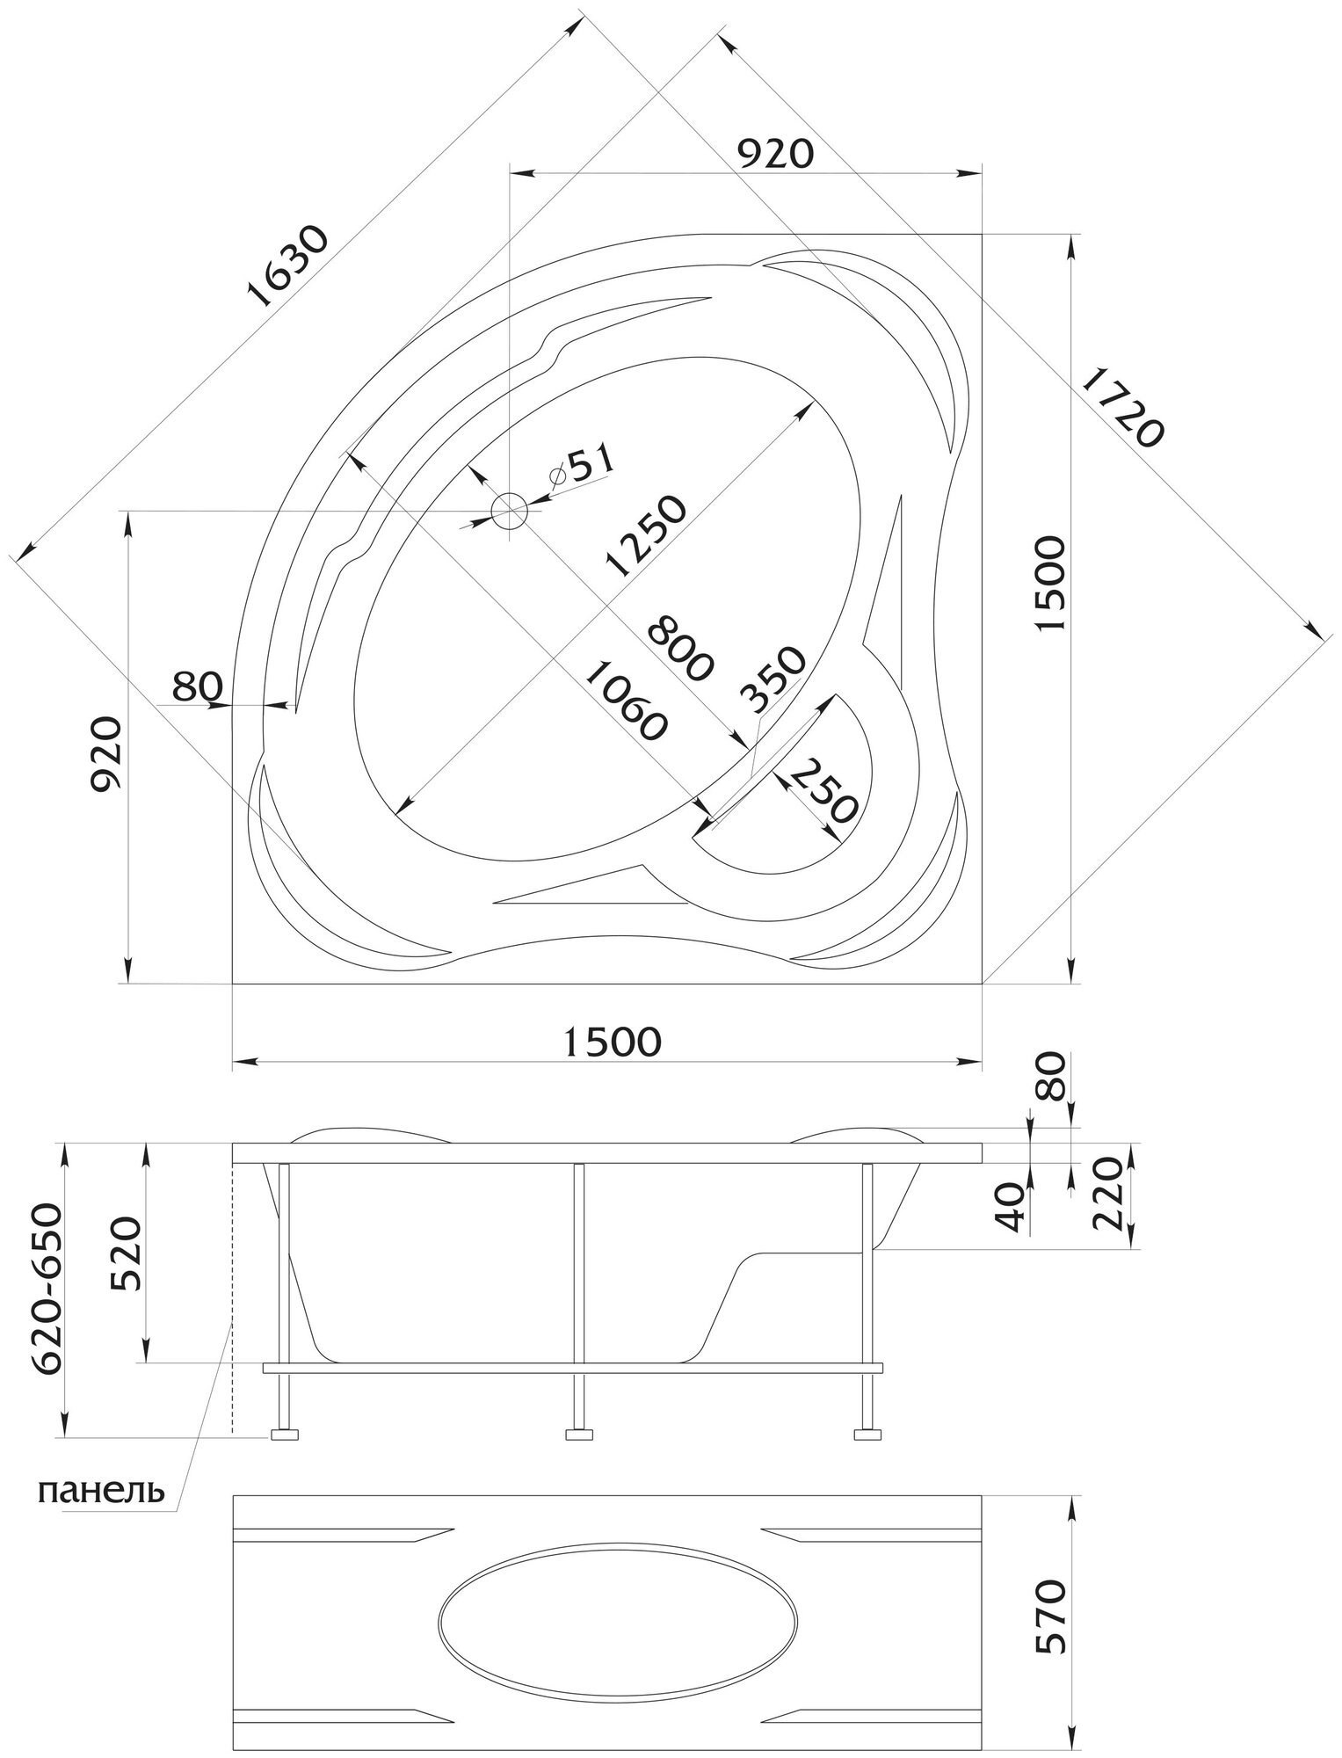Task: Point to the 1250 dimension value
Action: (643, 536)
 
